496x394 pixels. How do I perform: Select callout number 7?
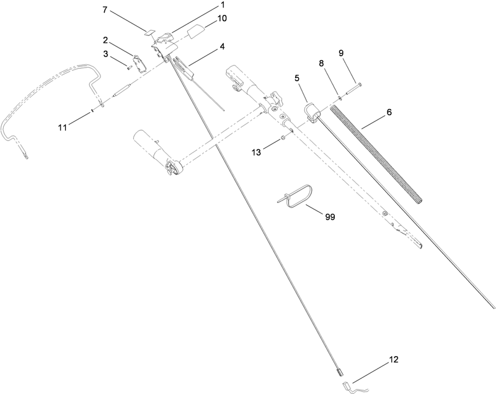[x=105, y=11]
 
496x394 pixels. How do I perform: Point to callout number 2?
[x=106, y=40]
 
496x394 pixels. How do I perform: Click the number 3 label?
[x=106, y=54]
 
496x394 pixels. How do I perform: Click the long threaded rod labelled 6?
[x=378, y=155]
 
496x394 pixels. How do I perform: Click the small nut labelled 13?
[x=283, y=138]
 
